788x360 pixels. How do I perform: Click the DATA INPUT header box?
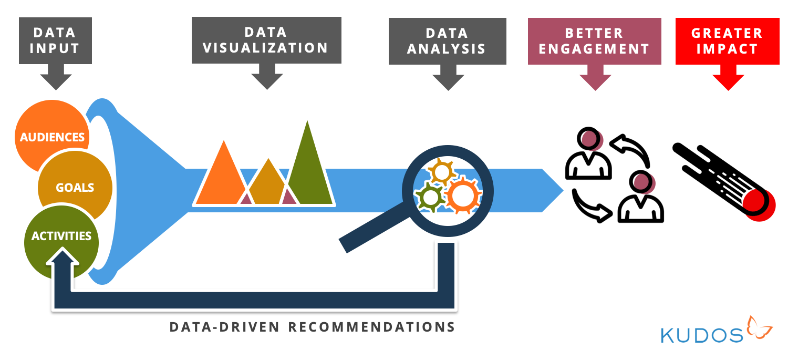click(x=55, y=40)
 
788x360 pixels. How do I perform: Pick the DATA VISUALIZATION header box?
click(x=266, y=40)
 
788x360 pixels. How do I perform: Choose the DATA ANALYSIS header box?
click(x=447, y=41)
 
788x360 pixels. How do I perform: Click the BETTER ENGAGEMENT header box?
click(x=594, y=41)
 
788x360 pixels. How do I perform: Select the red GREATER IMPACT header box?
click(x=727, y=41)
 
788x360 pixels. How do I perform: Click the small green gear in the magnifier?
click(x=430, y=198)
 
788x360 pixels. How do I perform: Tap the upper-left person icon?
click(x=588, y=155)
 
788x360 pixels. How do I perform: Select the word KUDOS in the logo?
click(x=702, y=334)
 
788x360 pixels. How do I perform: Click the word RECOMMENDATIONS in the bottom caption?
click(x=371, y=327)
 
